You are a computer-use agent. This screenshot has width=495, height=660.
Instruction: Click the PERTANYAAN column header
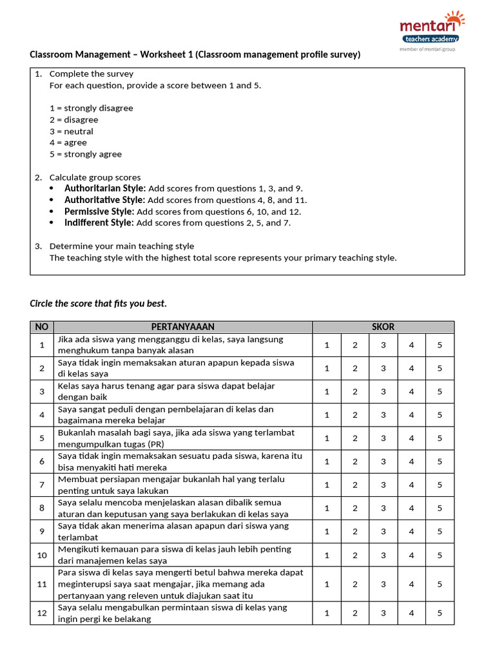(x=183, y=327)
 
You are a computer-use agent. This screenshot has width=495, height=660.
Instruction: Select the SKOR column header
(x=383, y=327)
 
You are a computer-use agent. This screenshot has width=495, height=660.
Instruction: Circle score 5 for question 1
(x=440, y=345)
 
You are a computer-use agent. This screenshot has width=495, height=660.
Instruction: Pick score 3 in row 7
(x=383, y=485)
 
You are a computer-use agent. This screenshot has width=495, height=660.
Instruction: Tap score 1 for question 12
(x=327, y=613)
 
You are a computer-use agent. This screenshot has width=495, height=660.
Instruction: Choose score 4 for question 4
(x=411, y=415)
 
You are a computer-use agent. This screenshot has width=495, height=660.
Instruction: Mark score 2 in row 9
(x=354, y=532)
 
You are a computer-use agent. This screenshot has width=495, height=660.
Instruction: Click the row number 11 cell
(x=42, y=584)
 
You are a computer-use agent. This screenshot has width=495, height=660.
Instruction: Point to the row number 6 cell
(x=42, y=461)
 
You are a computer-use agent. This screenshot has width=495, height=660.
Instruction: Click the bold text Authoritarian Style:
(x=105, y=189)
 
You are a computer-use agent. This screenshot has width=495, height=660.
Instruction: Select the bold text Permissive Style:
(x=99, y=211)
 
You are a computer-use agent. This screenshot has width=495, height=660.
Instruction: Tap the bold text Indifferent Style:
(x=99, y=223)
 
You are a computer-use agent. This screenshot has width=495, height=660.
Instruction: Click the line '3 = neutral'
(x=72, y=131)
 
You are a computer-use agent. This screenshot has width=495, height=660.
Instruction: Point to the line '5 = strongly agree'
(x=86, y=154)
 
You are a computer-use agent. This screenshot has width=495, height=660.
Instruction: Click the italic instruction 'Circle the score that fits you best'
(x=99, y=303)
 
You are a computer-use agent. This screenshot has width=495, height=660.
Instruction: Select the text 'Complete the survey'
(x=92, y=74)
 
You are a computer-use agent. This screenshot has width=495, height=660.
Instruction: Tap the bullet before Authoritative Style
(x=52, y=200)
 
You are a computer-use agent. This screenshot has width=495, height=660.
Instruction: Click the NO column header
(x=42, y=327)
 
